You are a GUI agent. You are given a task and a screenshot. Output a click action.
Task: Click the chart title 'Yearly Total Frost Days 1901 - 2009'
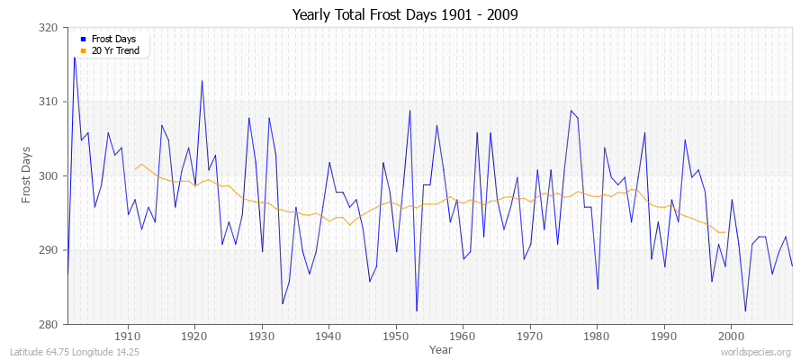point(405,15)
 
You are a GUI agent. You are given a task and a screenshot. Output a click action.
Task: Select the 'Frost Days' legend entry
point(110,40)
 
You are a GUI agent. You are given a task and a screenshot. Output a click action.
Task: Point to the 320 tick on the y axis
point(49,28)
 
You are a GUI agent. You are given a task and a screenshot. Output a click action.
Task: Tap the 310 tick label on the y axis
point(49,102)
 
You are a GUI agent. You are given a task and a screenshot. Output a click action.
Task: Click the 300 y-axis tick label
point(49,176)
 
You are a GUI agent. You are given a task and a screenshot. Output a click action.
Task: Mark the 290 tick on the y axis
point(49,250)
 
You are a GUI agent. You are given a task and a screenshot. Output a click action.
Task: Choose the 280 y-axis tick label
point(49,324)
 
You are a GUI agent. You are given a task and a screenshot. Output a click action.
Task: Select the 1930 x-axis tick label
point(261,336)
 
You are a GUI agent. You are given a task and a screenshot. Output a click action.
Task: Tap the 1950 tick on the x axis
point(395,336)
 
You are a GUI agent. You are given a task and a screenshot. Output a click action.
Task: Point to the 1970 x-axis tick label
point(529,336)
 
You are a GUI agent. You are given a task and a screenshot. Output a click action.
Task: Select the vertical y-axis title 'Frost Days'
point(28,176)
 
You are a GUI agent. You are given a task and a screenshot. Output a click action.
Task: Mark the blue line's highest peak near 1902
point(74,58)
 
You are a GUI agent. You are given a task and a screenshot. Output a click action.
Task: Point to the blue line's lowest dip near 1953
point(417,310)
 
